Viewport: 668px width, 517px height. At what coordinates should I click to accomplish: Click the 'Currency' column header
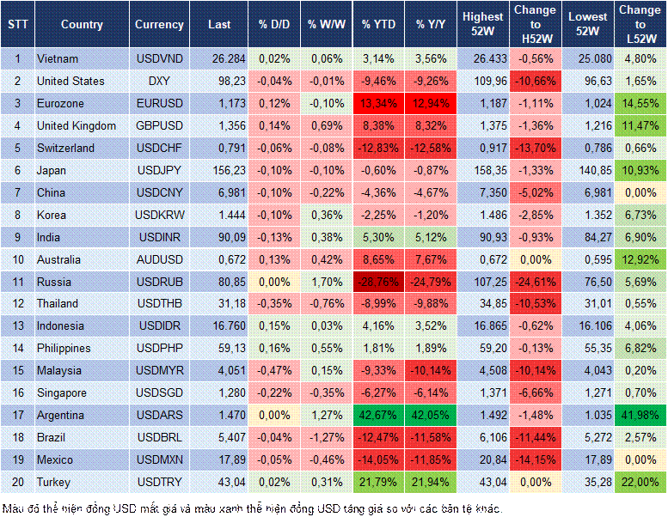coord(159,25)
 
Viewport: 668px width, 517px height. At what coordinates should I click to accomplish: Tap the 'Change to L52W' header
coord(640,25)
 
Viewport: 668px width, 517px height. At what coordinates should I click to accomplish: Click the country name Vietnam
coord(58,59)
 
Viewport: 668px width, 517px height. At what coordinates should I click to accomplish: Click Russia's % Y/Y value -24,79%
coord(432,281)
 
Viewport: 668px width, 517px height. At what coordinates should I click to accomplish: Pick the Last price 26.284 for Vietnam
coord(226,59)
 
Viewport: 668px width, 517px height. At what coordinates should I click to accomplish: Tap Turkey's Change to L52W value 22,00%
coord(640,482)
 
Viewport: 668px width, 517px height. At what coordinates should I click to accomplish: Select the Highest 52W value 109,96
coord(483,82)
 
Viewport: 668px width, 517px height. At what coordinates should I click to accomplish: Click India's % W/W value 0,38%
coord(325,237)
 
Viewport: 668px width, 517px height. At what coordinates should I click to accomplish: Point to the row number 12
coord(16,303)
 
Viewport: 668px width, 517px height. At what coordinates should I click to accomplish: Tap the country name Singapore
coord(63,392)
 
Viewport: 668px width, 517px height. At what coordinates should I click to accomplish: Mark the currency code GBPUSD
coord(159,125)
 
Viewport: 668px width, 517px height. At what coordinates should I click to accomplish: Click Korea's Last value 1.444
coord(228,215)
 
